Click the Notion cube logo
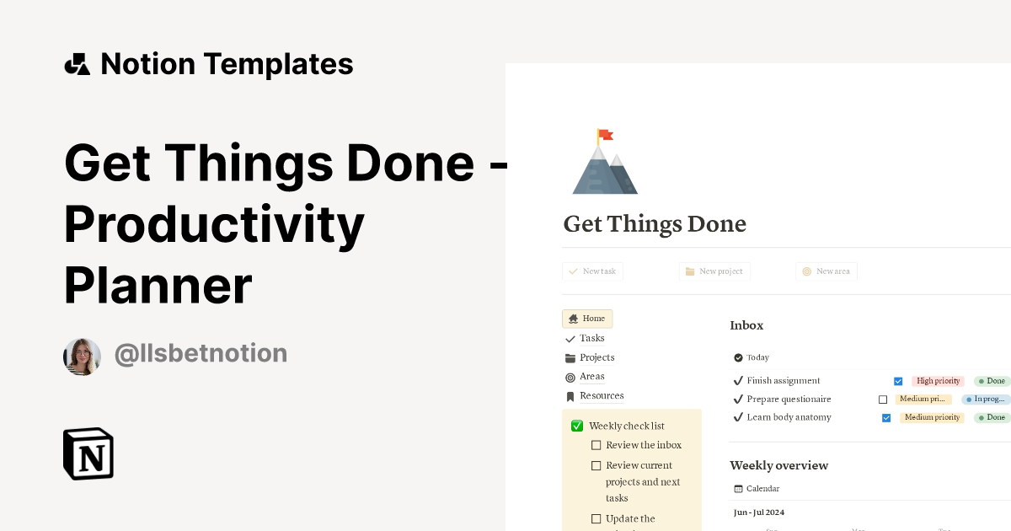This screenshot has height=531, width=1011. pos(88,453)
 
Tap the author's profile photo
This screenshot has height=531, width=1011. pos(83,357)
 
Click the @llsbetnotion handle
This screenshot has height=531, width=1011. pos(201,353)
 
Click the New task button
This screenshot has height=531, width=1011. pos(592,271)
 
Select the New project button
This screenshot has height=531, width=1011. pos(714,271)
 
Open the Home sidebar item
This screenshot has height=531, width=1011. pos(587,319)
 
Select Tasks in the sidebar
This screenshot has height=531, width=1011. pos(591,338)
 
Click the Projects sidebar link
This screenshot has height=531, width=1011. pos(596,357)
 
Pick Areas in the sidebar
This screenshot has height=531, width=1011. pos(591,377)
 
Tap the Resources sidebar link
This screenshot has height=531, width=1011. pos(602,396)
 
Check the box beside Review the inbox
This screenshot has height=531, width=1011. pos(596,445)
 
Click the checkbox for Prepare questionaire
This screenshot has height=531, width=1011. pos(883,400)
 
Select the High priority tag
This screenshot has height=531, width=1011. pos(938,381)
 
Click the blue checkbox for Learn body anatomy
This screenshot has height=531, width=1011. pos(886,418)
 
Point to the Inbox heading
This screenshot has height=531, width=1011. pos(746,325)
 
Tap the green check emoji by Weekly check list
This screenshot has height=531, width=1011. pos(577,426)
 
